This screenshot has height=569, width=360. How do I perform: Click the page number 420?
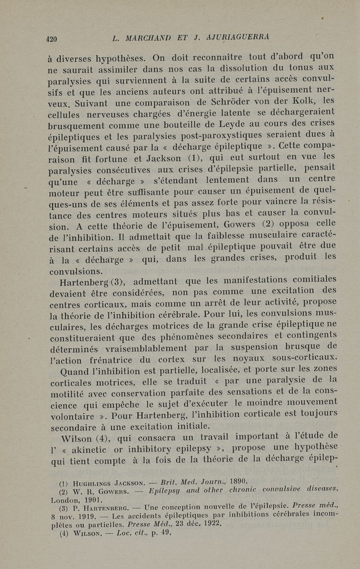(x=52, y=39)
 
